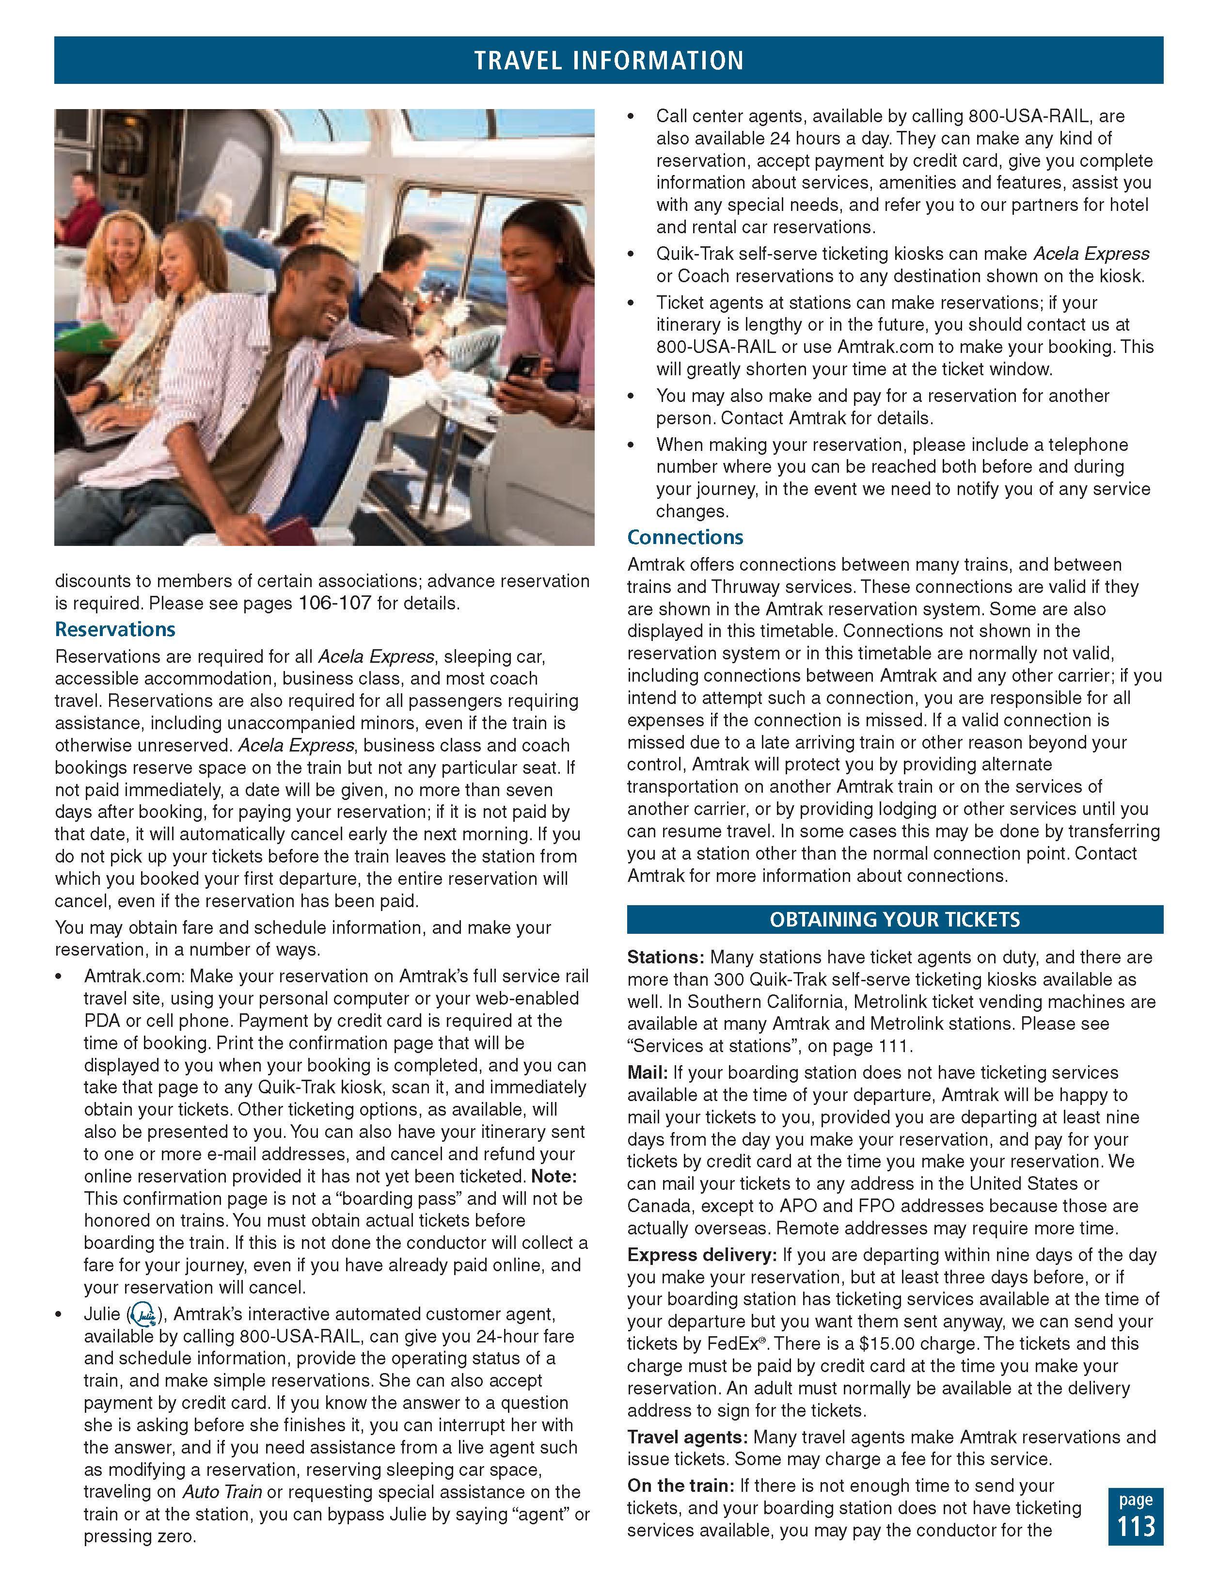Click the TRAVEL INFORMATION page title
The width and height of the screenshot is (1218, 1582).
[x=608, y=60]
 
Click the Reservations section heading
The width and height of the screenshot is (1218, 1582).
[x=115, y=629]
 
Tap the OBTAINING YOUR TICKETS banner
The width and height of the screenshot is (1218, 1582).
[x=894, y=919]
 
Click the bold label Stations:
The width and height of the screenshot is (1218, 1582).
[x=665, y=958]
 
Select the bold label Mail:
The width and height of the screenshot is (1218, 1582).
[x=648, y=1073]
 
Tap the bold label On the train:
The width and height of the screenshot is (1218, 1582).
[x=680, y=1486]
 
